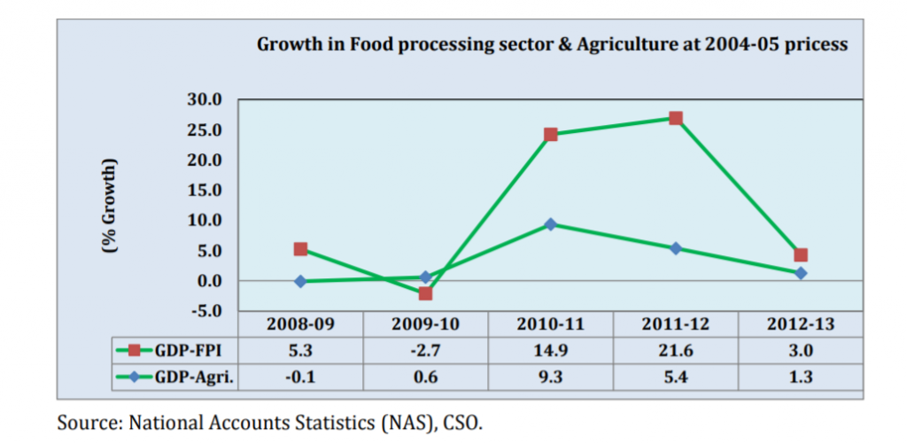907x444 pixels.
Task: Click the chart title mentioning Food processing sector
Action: coord(552,43)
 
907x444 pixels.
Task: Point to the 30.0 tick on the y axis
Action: coord(203,99)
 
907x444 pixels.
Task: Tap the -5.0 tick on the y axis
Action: coord(203,311)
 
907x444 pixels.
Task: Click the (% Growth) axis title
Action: coord(110,205)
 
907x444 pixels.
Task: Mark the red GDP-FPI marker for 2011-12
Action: coord(676,118)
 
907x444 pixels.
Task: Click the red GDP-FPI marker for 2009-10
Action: coord(425,293)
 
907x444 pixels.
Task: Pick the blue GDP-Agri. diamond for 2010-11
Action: coord(550,224)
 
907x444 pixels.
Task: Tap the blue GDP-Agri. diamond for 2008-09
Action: coord(300,281)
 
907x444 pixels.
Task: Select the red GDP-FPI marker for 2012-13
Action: coord(801,255)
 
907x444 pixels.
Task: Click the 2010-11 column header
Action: coord(550,324)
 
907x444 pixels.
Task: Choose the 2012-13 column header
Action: coord(800,324)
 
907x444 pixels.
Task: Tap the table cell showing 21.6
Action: coord(675,350)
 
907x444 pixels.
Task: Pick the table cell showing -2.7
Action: coord(425,350)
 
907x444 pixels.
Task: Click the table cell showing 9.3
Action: coord(550,376)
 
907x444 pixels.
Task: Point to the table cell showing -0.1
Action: coord(300,376)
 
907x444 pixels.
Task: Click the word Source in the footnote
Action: coord(85,421)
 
